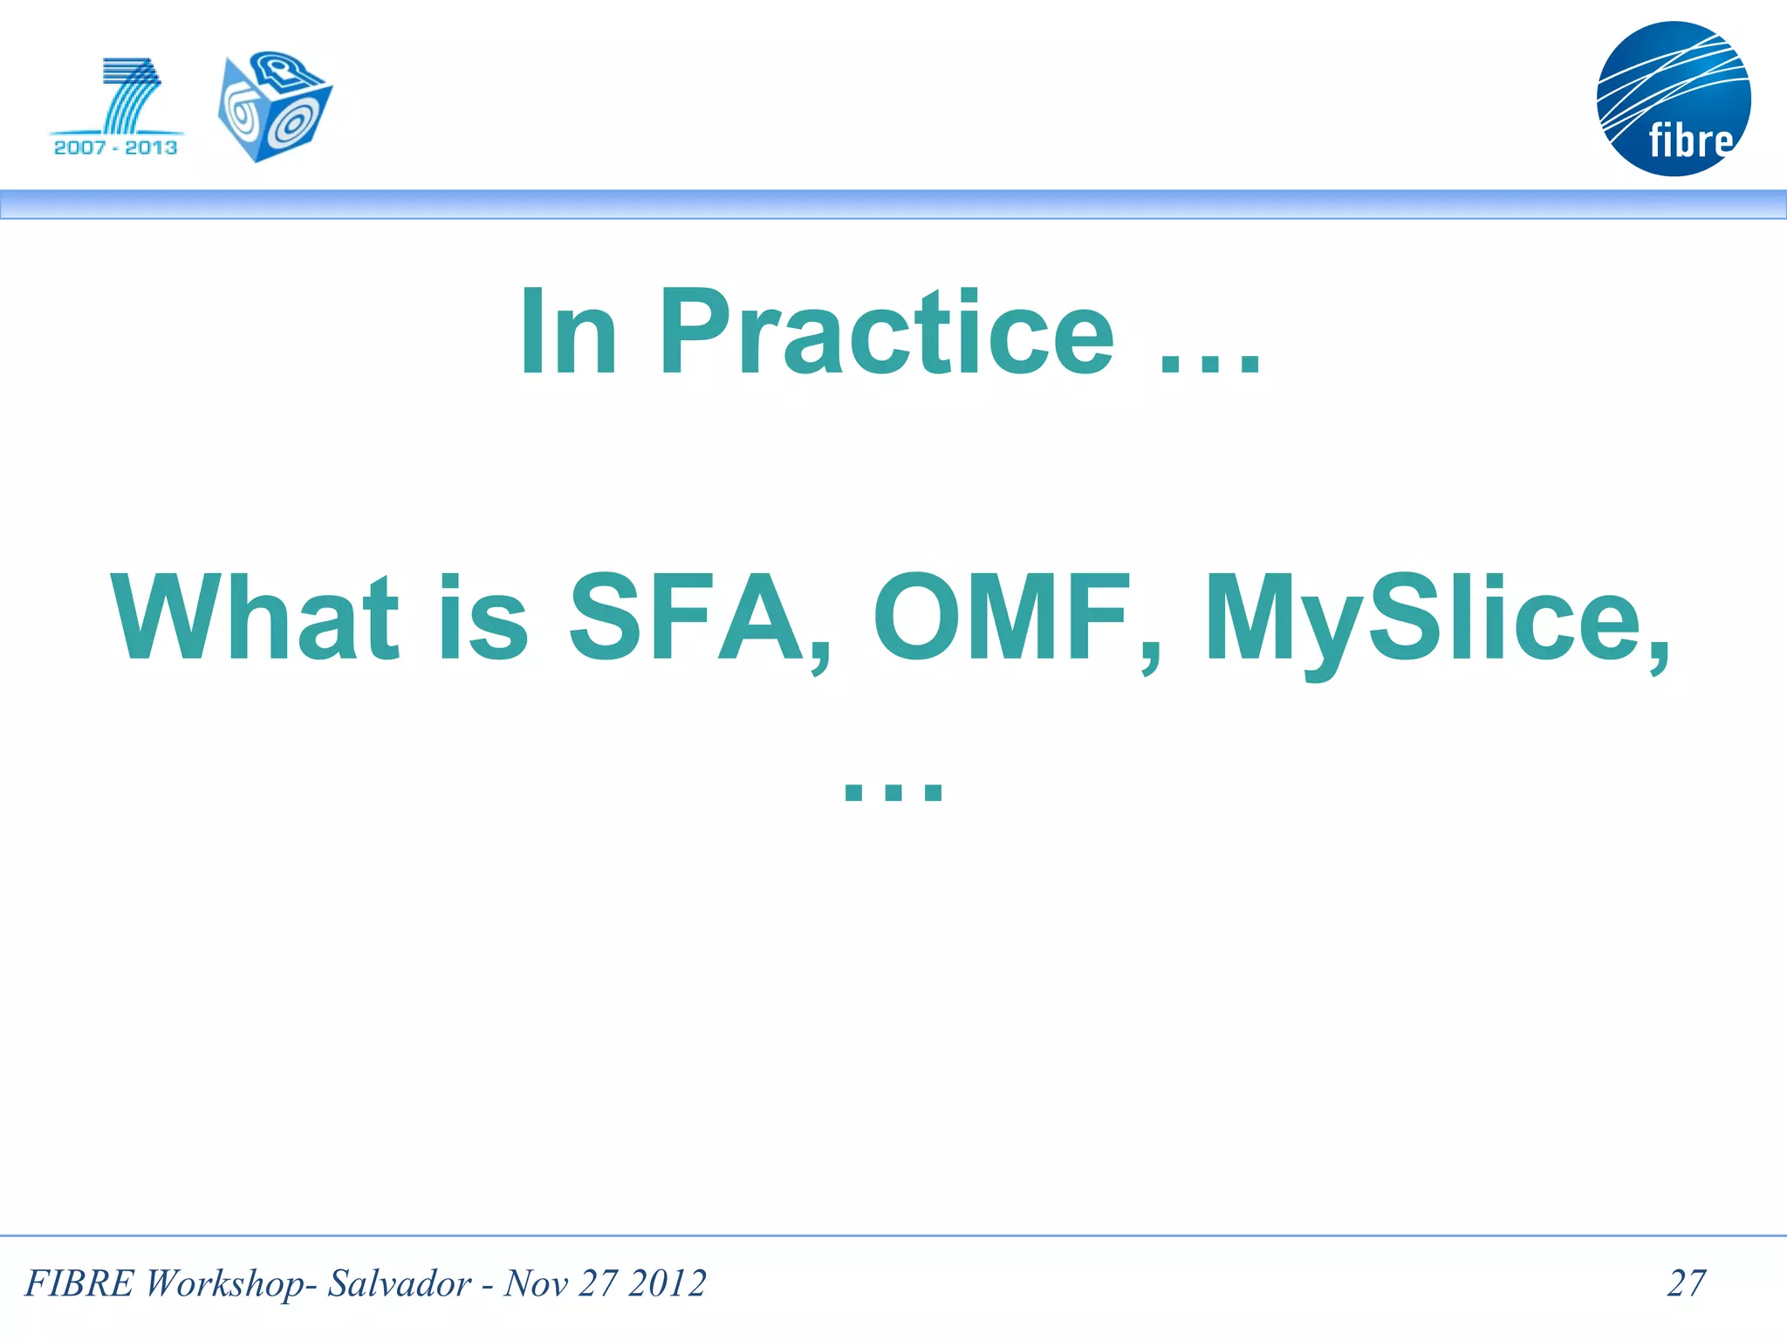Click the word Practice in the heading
886,333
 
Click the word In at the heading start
568,333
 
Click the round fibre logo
1673,99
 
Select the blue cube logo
274,106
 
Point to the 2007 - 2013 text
115,147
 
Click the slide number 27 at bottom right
1686,1283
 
